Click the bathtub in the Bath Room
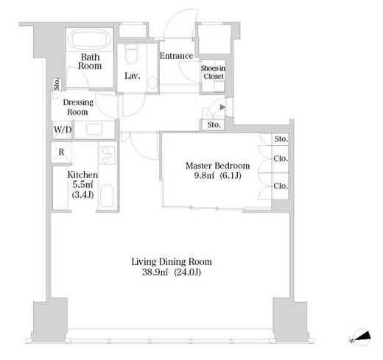click(x=91, y=39)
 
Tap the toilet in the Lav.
click(x=130, y=54)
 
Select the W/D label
click(x=63, y=130)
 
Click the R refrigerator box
click(x=61, y=152)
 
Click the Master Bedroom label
click(x=217, y=166)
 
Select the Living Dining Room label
click(x=172, y=262)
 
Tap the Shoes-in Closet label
click(x=213, y=72)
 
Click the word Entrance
click(x=176, y=56)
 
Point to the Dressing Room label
click(x=78, y=107)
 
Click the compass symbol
click(x=360, y=338)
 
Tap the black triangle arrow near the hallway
click(x=222, y=107)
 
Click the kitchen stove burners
click(x=108, y=155)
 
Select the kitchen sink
click(x=107, y=196)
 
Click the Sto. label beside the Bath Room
click(x=57, y=84)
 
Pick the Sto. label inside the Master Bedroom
click(x=281, y=139)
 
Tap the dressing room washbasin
click(x=94, y=130)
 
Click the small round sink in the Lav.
click(x=152, y=82)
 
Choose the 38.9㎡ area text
click(x=155, y=272)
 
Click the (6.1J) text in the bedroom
click(x=231, y=176)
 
